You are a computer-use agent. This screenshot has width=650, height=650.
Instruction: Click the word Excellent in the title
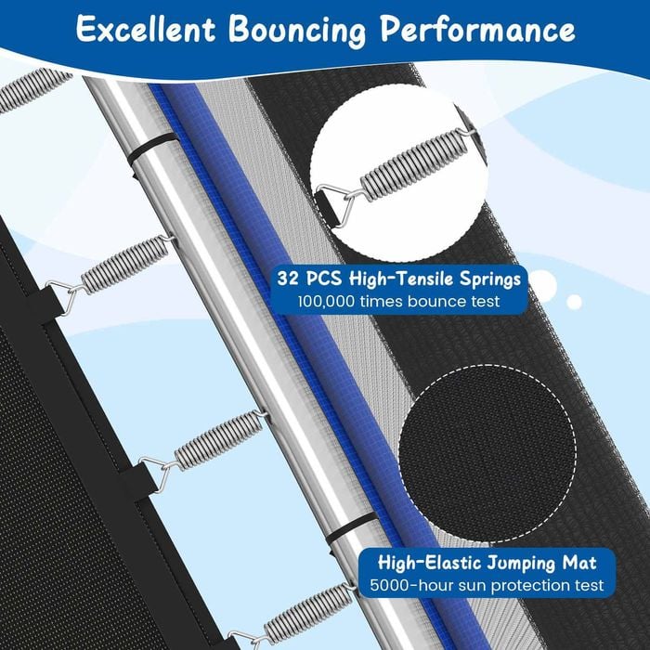coord(146,28)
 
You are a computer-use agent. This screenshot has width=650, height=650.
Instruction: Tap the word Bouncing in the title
coord(297,31)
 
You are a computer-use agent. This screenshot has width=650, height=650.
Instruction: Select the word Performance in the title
coord(477,29)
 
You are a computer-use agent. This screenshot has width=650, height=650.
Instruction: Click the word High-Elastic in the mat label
coord(429,563)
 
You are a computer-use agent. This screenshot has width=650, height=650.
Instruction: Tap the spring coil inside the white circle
coord(413,166)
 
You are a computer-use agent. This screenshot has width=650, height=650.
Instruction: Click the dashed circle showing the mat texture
coord(487,453)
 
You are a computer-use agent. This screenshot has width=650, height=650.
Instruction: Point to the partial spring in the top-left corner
coord(33,89)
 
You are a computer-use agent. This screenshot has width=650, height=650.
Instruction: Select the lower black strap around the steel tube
coord(353,528)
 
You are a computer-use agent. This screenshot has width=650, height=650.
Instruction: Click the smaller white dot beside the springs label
coord(574,302)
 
